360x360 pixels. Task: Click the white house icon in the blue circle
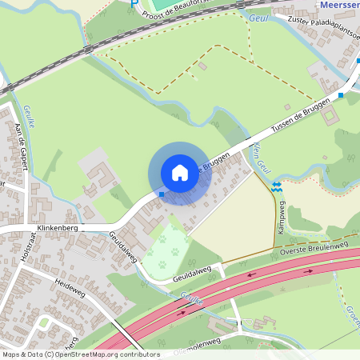tap(180, 173)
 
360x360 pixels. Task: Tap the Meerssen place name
tap(339, 5)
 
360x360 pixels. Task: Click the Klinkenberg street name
tap(55, 227)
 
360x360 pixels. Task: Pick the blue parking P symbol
tap(134, 2)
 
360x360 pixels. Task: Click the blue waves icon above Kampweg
tap(276, 186)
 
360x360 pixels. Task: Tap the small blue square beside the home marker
tap(162, 194)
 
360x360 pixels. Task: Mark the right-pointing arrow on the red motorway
tap(182, 313)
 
